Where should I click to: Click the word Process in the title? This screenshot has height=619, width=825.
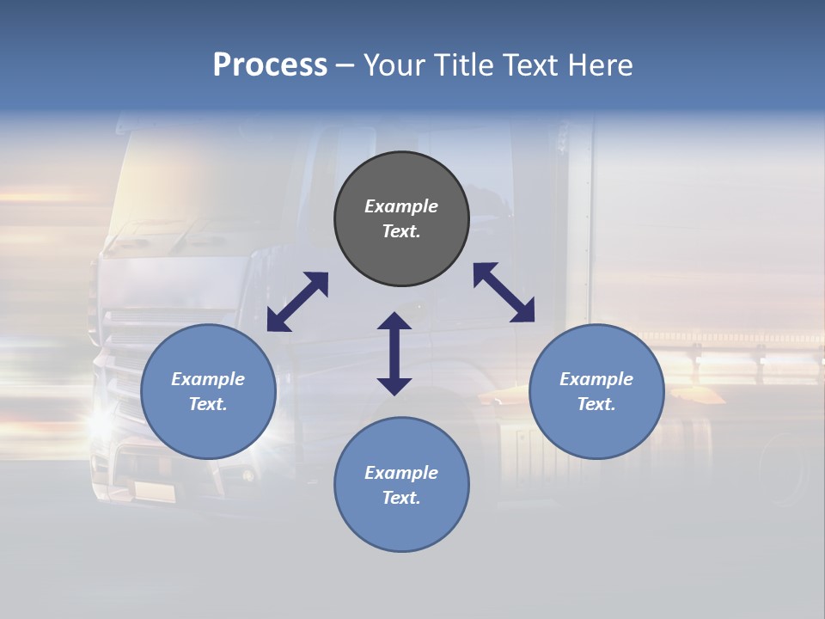coord(270,65)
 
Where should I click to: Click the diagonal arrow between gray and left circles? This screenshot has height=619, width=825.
coord(297,302)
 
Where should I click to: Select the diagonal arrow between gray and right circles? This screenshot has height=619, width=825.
coord(504,292)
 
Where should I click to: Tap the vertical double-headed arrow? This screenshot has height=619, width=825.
coord(394,353)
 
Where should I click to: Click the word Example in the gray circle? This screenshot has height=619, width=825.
coord(401,206)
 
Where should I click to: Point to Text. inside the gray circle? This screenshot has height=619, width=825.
coord(401,231)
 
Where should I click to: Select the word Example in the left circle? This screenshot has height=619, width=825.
coord(208,379)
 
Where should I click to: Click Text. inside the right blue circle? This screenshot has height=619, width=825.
coord(596,404)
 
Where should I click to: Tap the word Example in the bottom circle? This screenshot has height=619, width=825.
coord(401,473)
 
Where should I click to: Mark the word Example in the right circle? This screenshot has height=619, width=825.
coord(596,379)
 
